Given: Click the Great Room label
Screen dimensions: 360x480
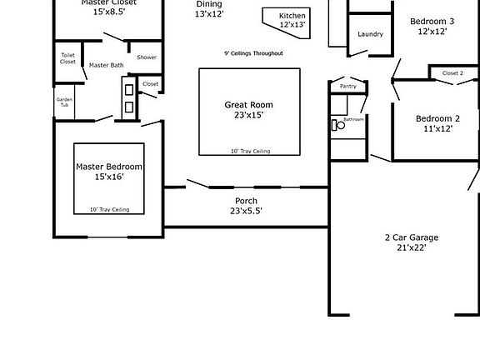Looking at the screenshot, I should [248, 105].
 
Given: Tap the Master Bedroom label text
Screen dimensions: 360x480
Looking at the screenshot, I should [109, 167].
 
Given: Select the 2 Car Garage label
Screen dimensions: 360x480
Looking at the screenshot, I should [411, 237].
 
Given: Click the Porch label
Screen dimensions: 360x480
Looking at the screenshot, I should [246, 201].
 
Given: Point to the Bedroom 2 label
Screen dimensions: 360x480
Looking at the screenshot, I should [437, 118].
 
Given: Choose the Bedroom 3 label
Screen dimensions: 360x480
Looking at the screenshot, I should [432, 22].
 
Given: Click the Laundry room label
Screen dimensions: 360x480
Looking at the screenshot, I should [370, 34].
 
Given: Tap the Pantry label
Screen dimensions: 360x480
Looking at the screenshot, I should [347, 86].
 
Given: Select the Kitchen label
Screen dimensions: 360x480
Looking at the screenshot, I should [292, 16].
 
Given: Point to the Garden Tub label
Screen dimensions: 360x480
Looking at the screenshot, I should [64, 102].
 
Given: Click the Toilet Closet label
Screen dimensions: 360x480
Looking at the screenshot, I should [67, 58].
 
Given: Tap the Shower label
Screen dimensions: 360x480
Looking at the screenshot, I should [147, 57].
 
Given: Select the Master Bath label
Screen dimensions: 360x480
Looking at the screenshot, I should [106, 65].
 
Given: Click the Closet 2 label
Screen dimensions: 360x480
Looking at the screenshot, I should [452, 73].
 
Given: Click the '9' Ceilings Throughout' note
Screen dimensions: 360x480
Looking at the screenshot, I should [253, 53].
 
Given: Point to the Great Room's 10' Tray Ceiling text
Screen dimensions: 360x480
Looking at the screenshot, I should [250, 152].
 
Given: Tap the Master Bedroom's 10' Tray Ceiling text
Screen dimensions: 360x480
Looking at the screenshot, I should [109, 209].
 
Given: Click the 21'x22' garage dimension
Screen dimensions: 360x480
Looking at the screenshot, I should [411, 247].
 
